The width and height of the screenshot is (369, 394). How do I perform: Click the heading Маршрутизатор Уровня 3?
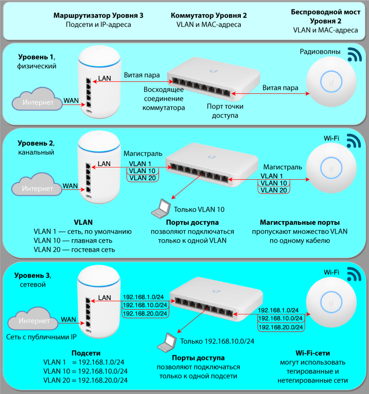[x=98, y=15]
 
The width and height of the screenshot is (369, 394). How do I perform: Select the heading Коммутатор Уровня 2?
[x=209, y=15]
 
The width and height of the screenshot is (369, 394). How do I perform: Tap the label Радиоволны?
[x=320, y=52]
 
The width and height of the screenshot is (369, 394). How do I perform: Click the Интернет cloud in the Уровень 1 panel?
[x=37, y=99]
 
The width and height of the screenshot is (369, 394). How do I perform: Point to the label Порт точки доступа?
[x=225, y=111]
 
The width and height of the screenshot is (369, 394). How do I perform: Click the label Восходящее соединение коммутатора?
[x=164, y=98]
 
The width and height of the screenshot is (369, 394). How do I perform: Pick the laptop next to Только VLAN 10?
[x=161, y=209]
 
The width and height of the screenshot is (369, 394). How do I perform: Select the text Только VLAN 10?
[x=199, y=210]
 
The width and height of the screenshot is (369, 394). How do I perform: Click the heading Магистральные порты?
[x=300, y=222]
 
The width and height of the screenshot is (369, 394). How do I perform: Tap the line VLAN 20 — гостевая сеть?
[x=74, y=250]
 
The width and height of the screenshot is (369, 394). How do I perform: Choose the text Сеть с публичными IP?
[x=41, y=337]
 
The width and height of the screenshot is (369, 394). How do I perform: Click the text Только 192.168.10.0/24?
[x=217, y=341]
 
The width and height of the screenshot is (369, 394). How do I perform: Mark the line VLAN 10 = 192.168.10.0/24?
[x=85, y=371]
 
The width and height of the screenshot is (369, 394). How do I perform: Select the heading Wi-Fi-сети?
[x=313, y=353]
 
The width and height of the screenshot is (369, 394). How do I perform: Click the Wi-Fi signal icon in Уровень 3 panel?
[x=354, y=274]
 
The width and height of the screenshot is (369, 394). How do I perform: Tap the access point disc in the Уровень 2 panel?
[x=331, y=168]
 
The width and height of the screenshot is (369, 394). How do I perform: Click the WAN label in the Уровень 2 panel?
[x=70, y=186]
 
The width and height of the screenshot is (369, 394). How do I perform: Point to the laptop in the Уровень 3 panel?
[x=167, y=342]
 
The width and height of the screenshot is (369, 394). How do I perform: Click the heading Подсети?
[x=86, y=353]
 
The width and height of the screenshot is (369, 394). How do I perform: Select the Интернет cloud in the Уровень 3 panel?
[x=33, y=319]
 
